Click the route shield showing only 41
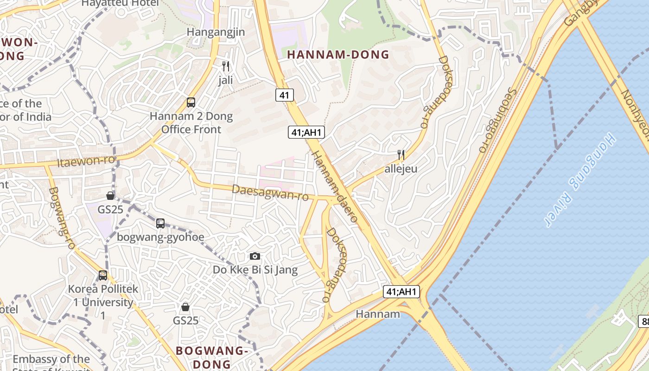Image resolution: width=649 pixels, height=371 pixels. click(285, 95)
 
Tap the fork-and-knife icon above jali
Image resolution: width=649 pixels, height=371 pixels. click(226, 66)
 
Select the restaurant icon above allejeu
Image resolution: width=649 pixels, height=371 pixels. click(401, 154)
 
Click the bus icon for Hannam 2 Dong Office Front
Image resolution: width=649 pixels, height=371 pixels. click(191, 102)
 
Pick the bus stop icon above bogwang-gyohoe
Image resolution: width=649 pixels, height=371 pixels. click(160, 223)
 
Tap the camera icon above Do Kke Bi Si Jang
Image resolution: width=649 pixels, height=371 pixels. click(255, 256)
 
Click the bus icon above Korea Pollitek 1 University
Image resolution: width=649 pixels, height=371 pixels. click(103, 275)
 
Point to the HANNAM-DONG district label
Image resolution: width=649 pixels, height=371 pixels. click(338, 55)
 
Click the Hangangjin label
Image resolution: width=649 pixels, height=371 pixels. click(216, 32)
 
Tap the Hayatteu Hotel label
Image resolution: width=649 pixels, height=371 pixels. click(120, 3)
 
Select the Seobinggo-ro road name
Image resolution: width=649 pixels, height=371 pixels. click(497, 121)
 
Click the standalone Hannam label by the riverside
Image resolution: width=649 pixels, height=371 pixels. click(378, 314)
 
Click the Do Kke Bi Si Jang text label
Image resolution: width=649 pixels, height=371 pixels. click(255, 269)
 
